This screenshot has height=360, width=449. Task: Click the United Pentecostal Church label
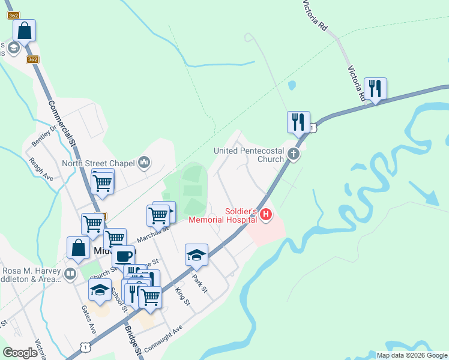(x=249, y=155)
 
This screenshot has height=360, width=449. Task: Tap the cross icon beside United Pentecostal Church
(x=294, y=154)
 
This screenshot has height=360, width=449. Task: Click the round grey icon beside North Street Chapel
(x=144, y=162)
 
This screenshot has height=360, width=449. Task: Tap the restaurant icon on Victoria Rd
(x=375, y=89)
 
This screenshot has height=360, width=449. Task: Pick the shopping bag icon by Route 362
(x=25, y=31)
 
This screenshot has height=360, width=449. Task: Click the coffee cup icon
(x=124, y=257)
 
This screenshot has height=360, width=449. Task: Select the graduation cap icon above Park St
(x=196, y=255)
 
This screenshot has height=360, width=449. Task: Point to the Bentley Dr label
(x=44, y=135)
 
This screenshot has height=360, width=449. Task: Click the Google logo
(x=20, y=352)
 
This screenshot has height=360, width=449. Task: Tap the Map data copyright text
(x=412, y=355)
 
